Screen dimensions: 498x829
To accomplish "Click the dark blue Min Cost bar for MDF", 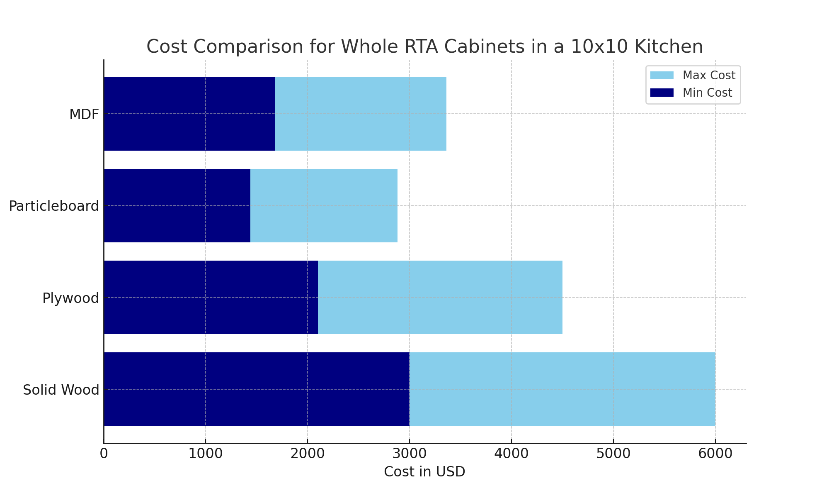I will tap(189, 114).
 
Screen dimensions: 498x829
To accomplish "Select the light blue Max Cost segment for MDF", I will tap(361, 114).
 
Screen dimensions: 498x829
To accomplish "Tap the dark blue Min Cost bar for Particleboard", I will tap(177, 205).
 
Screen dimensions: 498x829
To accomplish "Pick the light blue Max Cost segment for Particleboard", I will tap(324, 205).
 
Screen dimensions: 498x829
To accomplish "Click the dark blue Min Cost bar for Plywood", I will tap(211, 297).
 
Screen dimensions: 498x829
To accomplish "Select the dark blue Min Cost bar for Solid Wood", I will tap(257, 389).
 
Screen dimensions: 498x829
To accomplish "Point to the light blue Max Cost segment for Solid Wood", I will tap(562, 389).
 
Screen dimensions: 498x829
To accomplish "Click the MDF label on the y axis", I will tap(84, 115).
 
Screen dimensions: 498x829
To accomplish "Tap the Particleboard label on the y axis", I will tap(54, 206).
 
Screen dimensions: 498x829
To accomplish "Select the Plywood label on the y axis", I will tap(71, 298).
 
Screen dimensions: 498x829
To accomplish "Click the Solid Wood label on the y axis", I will tap(61, 390).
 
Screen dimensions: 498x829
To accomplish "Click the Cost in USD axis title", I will tap(424, 472).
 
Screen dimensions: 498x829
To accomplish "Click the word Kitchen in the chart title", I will tap(668, 46).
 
